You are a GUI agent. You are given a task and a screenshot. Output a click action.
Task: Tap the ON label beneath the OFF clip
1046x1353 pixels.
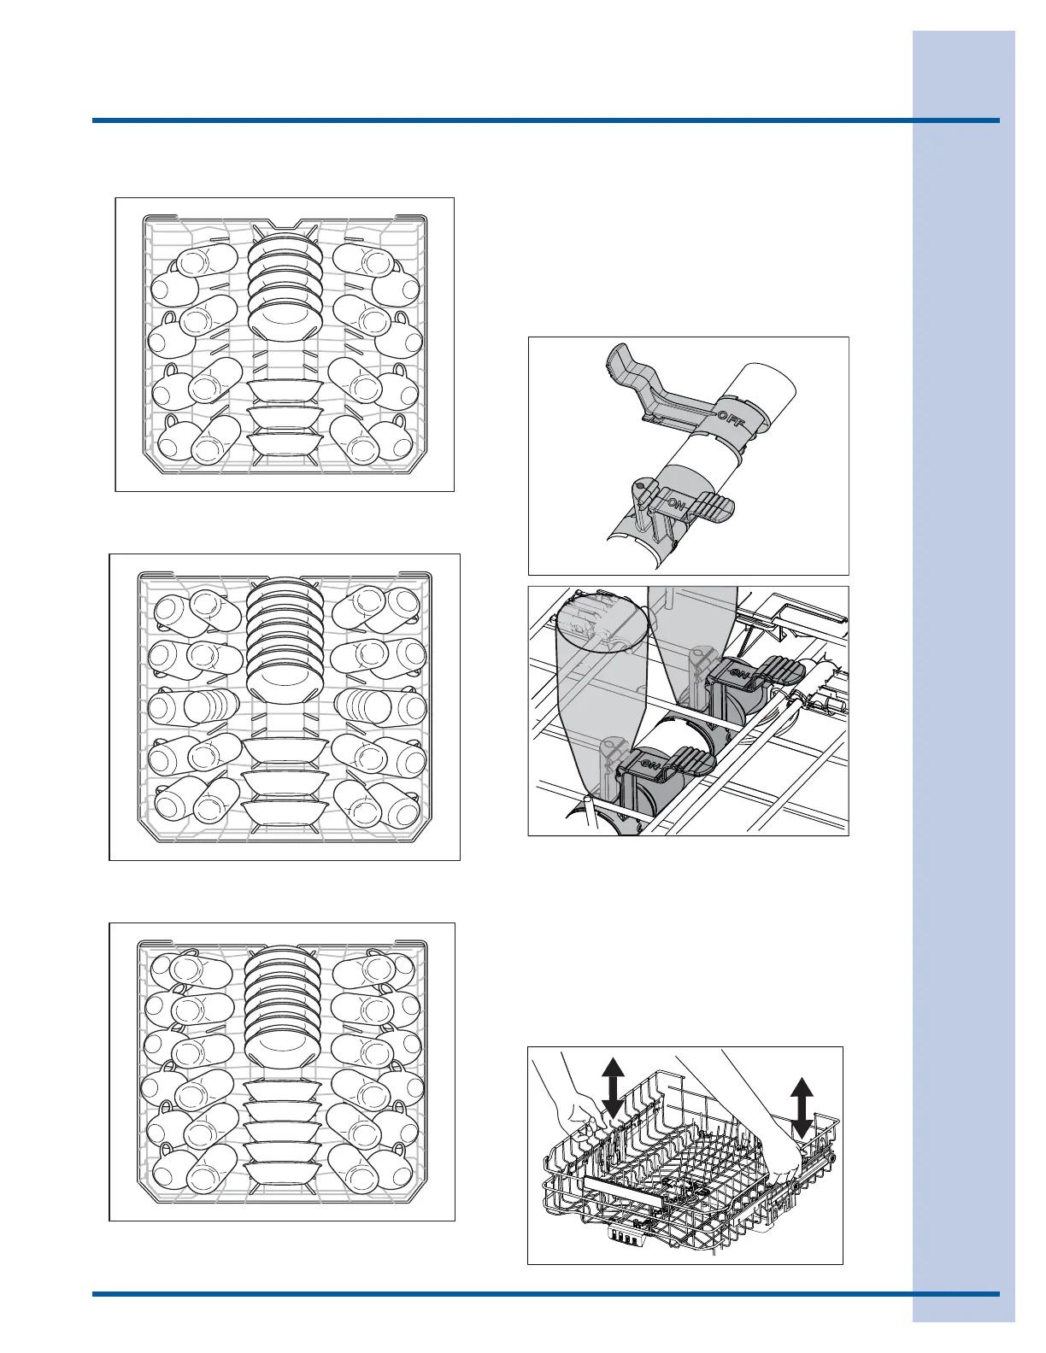tap(676, 505)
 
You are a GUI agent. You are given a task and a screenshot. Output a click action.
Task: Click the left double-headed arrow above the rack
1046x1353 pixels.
tap(612, 1086)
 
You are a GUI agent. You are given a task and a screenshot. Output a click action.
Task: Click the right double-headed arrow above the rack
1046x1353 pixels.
tap(801, 1108)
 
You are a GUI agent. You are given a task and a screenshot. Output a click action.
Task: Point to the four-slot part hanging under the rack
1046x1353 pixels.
tap(624, 1236)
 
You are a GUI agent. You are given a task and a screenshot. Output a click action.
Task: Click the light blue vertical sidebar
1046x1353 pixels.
tap(963, 675)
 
